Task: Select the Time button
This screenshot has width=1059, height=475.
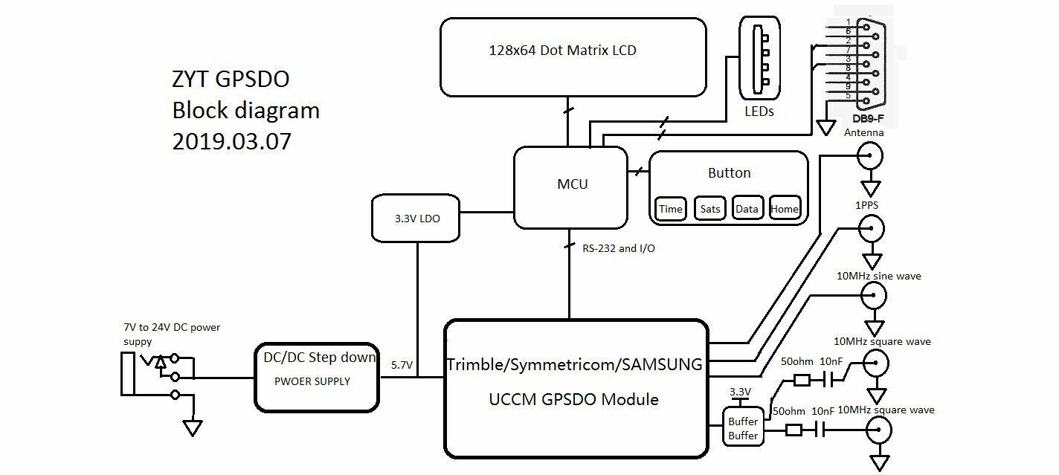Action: pos(670,209)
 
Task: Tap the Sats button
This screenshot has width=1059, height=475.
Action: pos(710,209)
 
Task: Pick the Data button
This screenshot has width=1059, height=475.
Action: pos(747,209)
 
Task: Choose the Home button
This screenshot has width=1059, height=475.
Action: pos(785,209)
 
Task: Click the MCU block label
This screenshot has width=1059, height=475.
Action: pos(572,184)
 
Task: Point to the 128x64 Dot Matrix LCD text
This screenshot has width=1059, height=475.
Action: pos(562,51)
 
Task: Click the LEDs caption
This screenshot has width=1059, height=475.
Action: pos(759,112)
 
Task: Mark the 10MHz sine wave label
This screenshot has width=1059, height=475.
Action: pos(878,276)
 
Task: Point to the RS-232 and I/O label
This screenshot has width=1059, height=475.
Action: pos(618,248)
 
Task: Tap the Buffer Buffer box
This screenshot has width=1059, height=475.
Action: pos(743,428)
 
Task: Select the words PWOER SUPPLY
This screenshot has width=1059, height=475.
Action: pos(312,381)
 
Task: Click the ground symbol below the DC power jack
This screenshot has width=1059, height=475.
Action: pos(193,428)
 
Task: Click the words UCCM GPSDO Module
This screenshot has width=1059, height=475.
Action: pos(573,399)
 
